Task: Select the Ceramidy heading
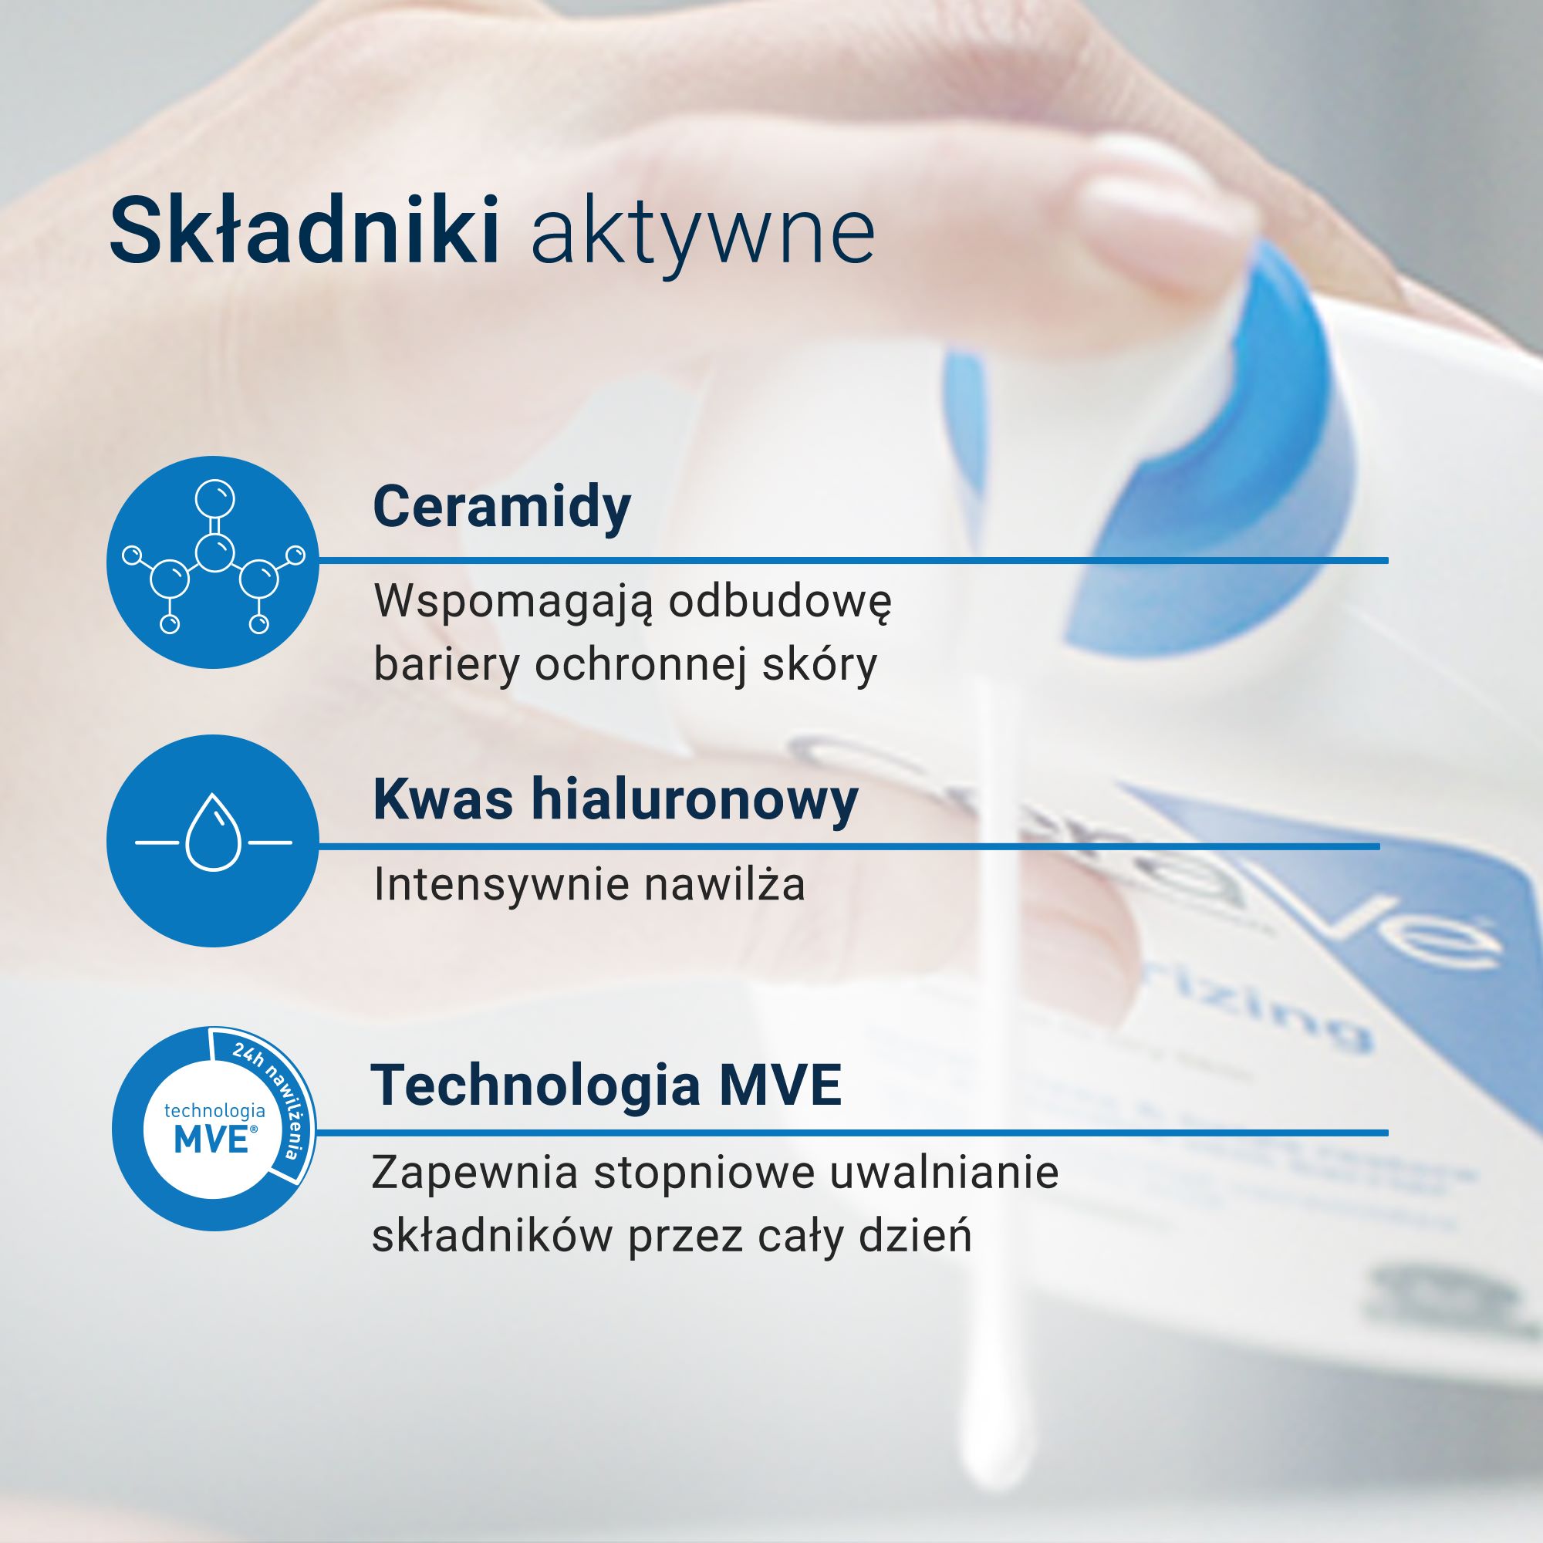coord(501,506)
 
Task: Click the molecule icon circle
coord(212,562)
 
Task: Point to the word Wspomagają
coord(513,603)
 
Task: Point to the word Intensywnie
coord(499,885)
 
